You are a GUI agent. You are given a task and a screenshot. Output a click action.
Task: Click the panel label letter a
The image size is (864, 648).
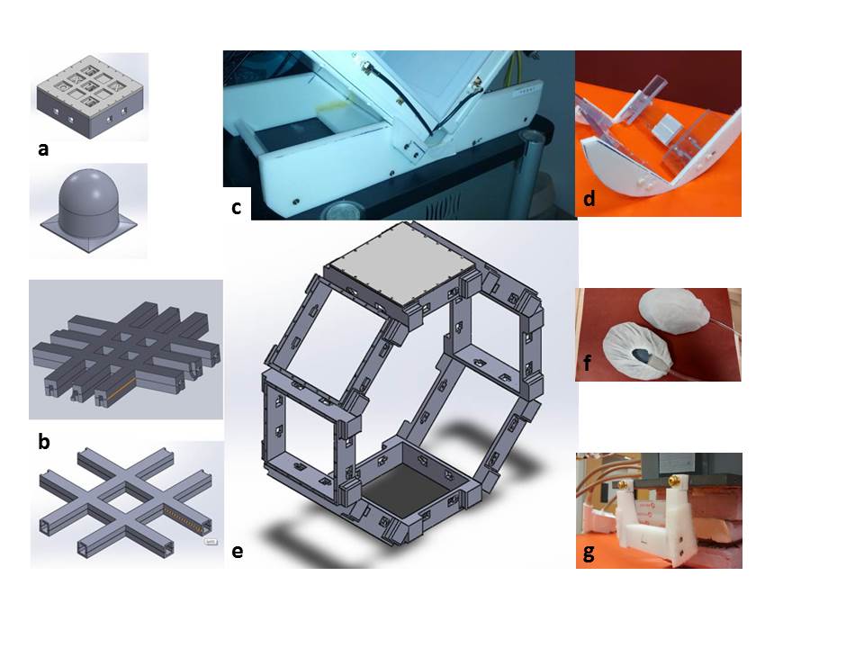point(43,150)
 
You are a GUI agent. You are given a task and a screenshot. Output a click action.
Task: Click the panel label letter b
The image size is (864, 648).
point(43,441)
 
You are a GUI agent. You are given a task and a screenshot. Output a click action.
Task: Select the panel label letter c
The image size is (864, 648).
point(236,207)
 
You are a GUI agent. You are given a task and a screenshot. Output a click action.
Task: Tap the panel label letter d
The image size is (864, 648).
point(589,199)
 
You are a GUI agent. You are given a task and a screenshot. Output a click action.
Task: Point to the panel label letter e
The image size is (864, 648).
point(237,551)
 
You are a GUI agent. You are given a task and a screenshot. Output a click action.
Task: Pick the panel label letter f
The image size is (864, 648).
point(588,364)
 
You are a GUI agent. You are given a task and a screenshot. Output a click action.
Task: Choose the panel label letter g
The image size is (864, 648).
point(589,552)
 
